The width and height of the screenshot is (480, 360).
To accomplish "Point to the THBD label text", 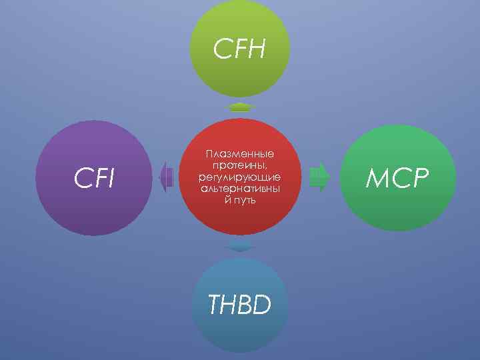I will click(x=239, y=305).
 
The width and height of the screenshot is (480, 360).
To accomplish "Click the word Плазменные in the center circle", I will click(x=240, y=154).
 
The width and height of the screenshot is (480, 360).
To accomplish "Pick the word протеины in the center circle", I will click(x=240, y=165).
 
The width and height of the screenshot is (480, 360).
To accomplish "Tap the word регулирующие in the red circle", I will click(x=240, y=177).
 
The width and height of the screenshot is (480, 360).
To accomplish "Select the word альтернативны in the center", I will click(x=240, y=189).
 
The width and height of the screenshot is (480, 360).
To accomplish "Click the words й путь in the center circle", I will click(x=240, y=200).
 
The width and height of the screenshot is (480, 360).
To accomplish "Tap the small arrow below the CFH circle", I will click(x=239, y=107).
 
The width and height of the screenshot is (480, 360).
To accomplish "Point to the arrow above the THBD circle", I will click(x=239, y=248).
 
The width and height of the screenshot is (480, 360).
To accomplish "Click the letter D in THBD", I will click(x=262, y=305).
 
